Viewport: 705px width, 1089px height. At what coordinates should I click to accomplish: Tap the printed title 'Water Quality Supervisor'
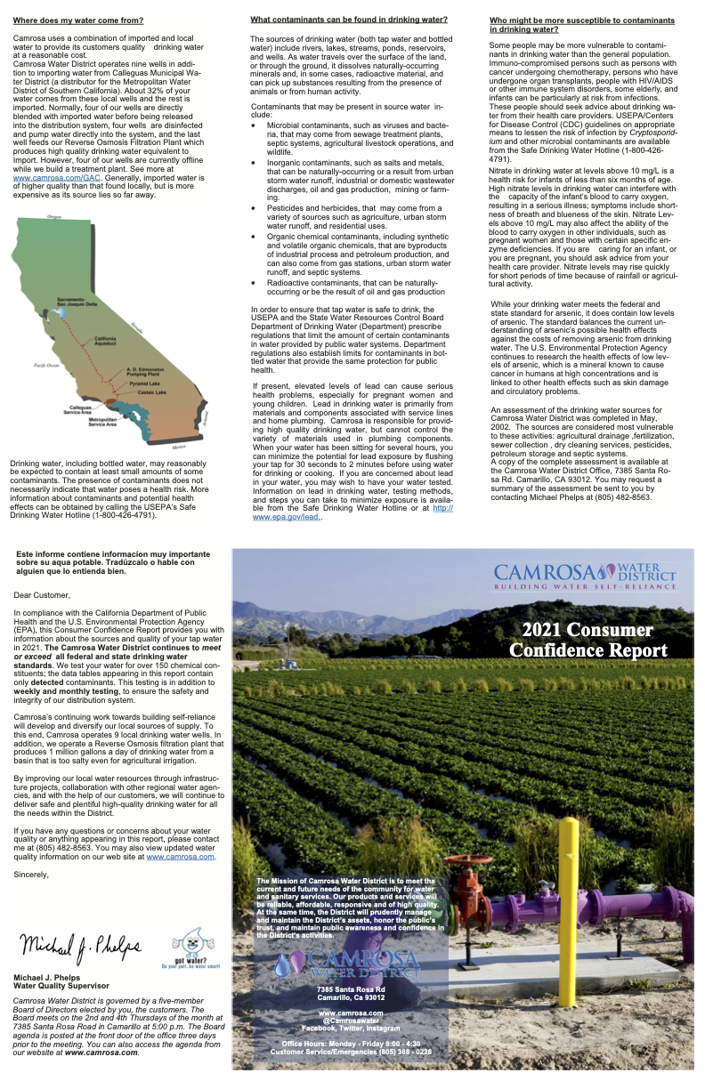tap(61, 986)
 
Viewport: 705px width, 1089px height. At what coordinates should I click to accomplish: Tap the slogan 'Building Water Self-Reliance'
tap(584, 587)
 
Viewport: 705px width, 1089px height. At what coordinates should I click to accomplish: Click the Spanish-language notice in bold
tap(114, 562)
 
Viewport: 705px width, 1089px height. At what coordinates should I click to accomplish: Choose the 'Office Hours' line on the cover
tap(351, 1043)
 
